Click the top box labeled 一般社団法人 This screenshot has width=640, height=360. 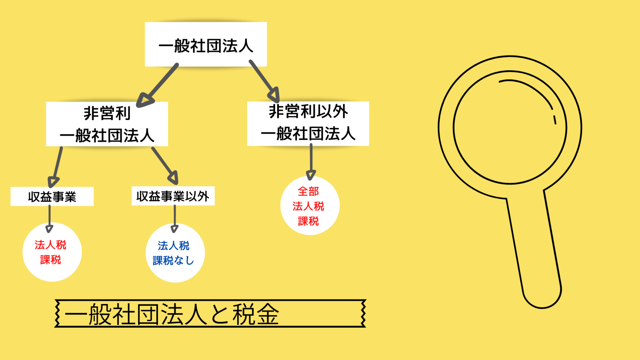(x=206, y=44)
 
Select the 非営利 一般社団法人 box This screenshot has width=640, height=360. (x=107, y=124)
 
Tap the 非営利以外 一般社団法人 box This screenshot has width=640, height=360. (x=308, y=123)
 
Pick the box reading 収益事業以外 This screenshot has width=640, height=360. (x=173, y=196)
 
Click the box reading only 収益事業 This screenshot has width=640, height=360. (x=52, y=197)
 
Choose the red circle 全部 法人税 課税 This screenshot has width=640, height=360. (x=310, y=206)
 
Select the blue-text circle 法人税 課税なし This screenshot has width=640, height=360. (x=175, y=253)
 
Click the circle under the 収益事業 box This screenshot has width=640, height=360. (x=52, y=252)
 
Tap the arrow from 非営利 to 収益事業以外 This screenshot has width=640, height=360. (x=165, y=165)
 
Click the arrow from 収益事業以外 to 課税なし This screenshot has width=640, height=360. (x=175, y=218)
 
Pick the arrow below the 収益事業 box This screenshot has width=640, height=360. (x=49, y=218)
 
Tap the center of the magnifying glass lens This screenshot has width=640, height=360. (x=510, y=127)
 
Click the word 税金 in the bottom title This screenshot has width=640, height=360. (x=256, y=314)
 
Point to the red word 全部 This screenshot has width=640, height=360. (x=308, y=191)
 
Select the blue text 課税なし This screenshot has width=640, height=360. (x=173, y=261)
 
